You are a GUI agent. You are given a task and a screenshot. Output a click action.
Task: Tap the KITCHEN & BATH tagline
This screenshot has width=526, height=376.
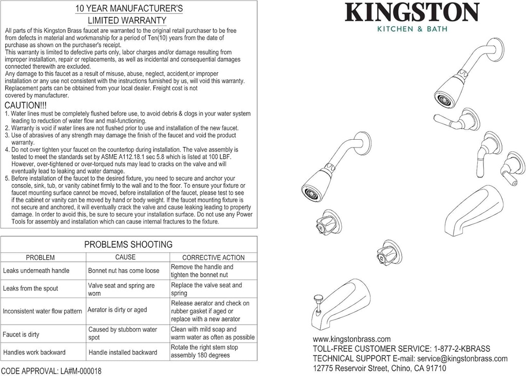point(412,29)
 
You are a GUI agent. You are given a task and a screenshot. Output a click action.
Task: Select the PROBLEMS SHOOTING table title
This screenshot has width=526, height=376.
point(128,245)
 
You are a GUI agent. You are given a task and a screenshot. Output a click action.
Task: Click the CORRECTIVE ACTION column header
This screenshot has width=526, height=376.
point(214,257)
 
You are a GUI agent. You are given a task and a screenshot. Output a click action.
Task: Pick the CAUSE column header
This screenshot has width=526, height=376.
point(125,257)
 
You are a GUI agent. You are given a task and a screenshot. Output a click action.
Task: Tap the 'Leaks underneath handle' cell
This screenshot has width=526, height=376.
point(36,271)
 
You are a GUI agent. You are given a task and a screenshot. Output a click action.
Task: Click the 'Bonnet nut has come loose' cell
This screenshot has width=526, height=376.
point(124,271)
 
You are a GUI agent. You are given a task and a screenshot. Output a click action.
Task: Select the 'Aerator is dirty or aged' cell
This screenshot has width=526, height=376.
point(117,310)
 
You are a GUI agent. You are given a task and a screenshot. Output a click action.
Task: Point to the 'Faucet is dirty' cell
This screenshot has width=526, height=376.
point(21,334)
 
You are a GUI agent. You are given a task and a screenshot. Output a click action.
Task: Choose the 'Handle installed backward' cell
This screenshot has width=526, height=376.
point(123,352)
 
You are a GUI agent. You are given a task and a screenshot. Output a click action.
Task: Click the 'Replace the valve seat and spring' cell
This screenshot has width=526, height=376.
point(206,289)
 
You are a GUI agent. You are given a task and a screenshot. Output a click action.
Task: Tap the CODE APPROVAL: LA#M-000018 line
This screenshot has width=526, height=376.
point(51,371)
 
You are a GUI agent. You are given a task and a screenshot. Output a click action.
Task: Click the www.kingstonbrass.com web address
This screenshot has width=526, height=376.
point(352,339)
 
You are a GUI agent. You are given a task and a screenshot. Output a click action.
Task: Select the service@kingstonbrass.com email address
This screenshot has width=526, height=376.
point(462,359)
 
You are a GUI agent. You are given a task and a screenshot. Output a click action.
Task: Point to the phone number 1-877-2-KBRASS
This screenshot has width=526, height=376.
point(461,349)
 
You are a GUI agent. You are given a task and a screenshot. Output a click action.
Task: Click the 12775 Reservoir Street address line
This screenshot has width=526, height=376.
point(380,368)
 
